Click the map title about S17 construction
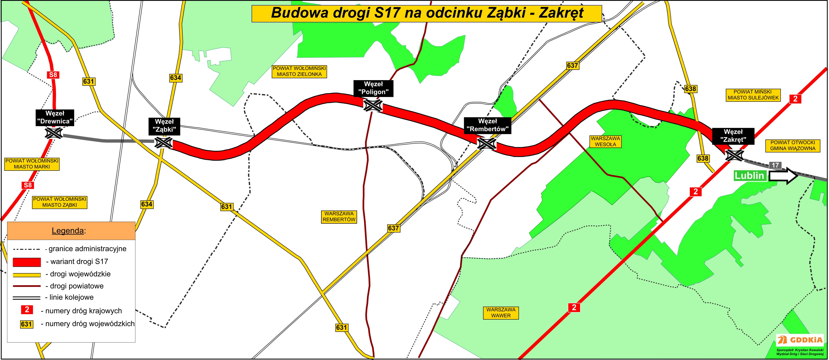click(426, 13)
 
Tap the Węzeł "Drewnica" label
click(55, 118)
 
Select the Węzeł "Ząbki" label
click(164, 126)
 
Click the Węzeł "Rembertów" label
click(488, 125)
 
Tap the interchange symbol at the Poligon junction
click(373, 105)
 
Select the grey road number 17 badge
click(775, 165)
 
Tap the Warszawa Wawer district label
click(501, 313)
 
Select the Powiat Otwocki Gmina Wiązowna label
click(792, 145)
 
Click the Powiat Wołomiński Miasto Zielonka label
click(299, 71)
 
